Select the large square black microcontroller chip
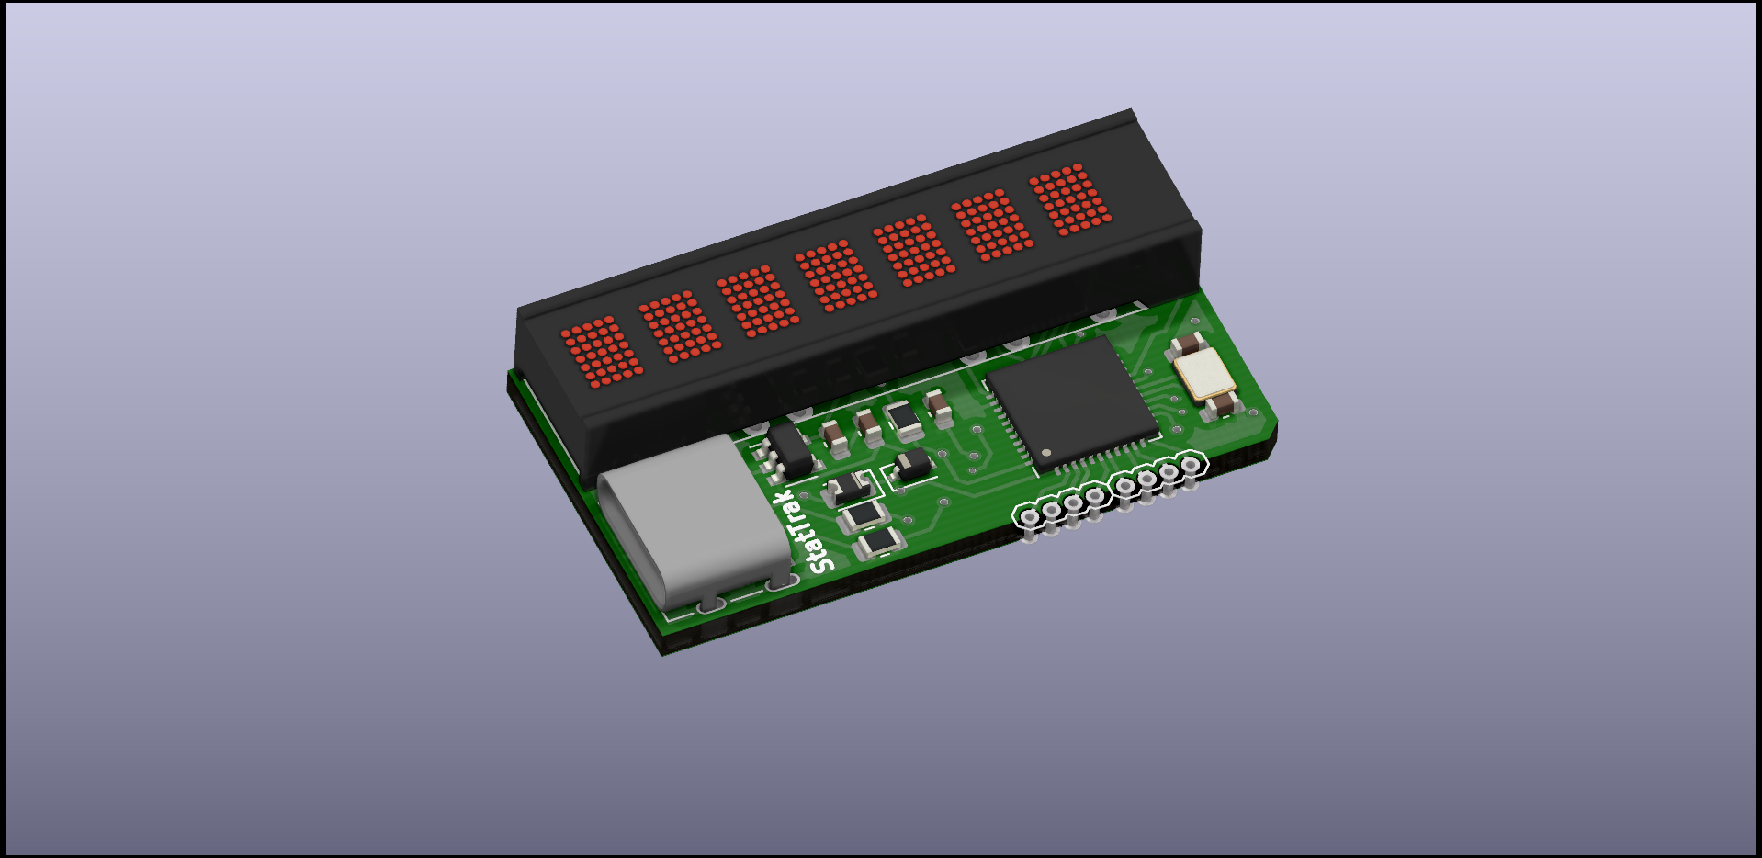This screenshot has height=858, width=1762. click(1070, 401)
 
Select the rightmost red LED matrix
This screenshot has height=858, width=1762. click(1070, 199)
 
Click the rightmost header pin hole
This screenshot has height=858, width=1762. click(1191, 465)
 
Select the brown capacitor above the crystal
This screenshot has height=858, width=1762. click(1187, 345)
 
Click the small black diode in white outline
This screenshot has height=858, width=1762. click(912, 465)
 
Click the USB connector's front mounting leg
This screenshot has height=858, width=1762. click(710, 604)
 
